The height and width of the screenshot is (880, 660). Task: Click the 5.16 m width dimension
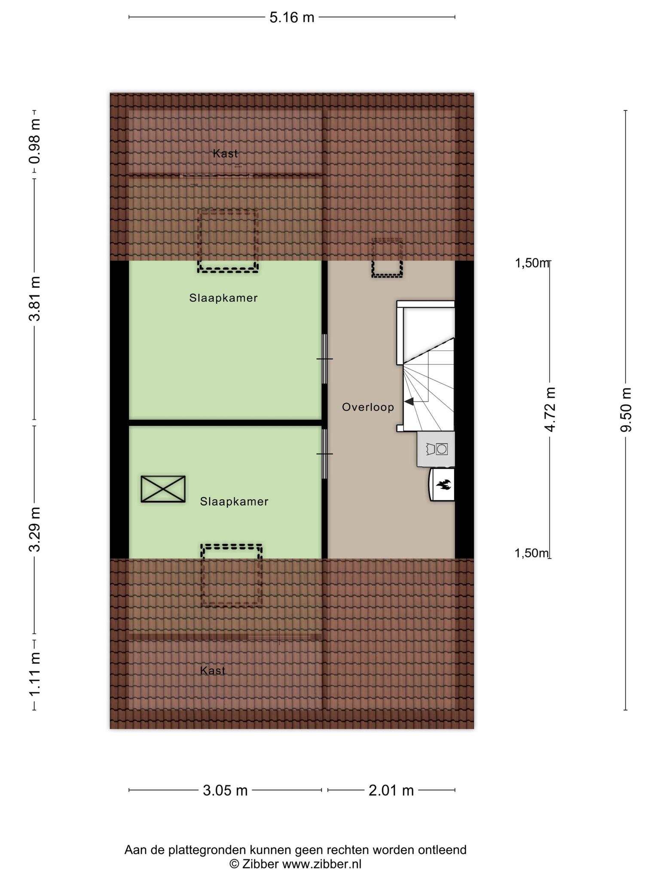[292, 18]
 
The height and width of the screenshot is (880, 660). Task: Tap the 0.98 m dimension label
[35, 141]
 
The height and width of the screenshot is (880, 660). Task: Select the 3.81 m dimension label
[35, 299]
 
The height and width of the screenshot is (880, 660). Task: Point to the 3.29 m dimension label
[35, 529]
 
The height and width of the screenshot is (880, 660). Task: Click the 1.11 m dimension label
[35, 674]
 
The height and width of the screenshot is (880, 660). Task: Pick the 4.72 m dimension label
[550, 409]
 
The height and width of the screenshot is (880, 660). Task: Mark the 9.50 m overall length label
[626, 409]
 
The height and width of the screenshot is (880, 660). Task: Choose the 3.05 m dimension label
[225, 790]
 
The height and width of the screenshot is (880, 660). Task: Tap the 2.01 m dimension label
[391, 790]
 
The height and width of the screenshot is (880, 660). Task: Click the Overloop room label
[368, 407]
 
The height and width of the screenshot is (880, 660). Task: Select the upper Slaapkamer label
[223, 298]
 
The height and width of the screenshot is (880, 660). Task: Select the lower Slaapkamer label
[234, 501]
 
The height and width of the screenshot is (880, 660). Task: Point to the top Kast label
[225, 153]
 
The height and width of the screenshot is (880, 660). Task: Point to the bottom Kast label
[213, 670]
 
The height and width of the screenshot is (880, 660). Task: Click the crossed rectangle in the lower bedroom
[163, 489]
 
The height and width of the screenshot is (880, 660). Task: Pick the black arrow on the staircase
[409, 402]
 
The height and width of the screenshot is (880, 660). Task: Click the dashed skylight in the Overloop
[387, 258]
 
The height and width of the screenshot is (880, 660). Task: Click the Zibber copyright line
[296, 864]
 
